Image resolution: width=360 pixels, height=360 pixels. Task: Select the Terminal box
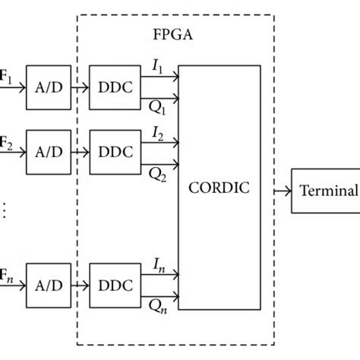pyautogui.click(x=327, y=191)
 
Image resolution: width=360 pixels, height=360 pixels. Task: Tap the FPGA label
pyautogui.click(x=170, y=35)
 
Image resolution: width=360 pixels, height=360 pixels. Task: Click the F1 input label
pyautogui.click(x=5, y=77)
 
